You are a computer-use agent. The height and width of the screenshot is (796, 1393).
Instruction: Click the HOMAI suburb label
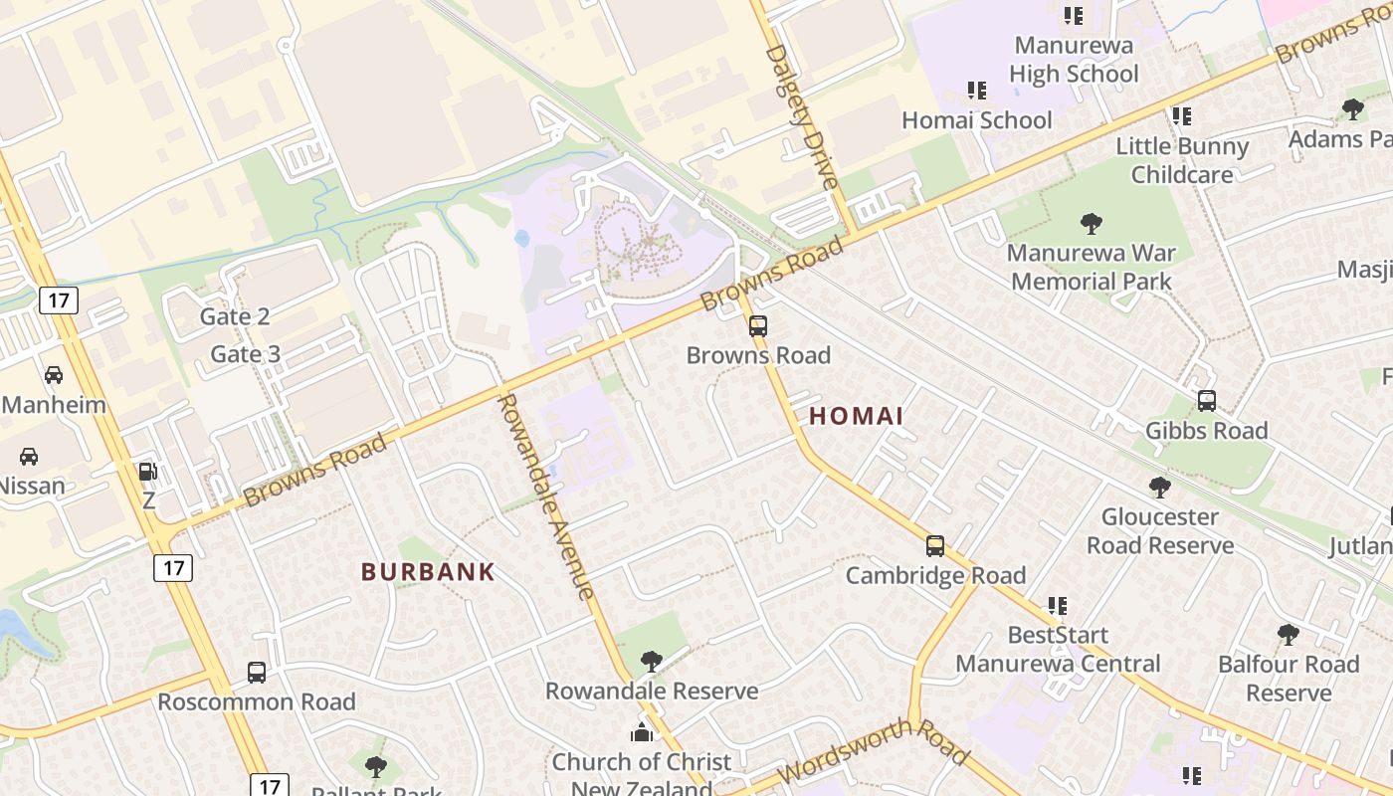click(x=857, y=416)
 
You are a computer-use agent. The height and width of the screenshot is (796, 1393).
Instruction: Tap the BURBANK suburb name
click(x=428, y=572)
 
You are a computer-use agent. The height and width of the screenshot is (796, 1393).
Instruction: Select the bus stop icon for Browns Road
click(x=758, y=325)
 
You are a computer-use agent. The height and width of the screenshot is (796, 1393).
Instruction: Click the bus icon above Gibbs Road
click(x=1207, y=401)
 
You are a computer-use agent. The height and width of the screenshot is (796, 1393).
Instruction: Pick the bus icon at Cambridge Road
click(x=935, y=545)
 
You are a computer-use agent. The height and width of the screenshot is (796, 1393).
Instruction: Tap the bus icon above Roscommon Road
click(x=257, y=673)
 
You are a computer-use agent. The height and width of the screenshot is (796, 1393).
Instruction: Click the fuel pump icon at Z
click(x=148, y=472)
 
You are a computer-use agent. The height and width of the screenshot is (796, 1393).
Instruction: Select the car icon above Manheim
click(x=54, y=375)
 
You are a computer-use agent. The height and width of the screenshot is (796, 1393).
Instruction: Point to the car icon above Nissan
click(x=29, y=457)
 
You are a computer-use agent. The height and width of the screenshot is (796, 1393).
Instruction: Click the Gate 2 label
click(x=235, y=316)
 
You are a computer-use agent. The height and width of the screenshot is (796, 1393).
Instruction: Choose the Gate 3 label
click(x=246, y=354)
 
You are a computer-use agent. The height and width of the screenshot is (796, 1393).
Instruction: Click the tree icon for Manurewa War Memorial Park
click(x=1092, y=223)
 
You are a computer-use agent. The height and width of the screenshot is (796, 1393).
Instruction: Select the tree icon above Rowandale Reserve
click(x=652, y=661)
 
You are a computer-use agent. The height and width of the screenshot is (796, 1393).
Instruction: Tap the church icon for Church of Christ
click(x=642, y=733)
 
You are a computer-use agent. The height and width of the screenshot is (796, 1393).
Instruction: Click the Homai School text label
click(x=976, y=120)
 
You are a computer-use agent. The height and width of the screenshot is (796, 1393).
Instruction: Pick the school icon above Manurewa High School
click(x=1074, y=16)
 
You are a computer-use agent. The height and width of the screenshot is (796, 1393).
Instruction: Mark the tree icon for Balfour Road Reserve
click(x=1289, y=635)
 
